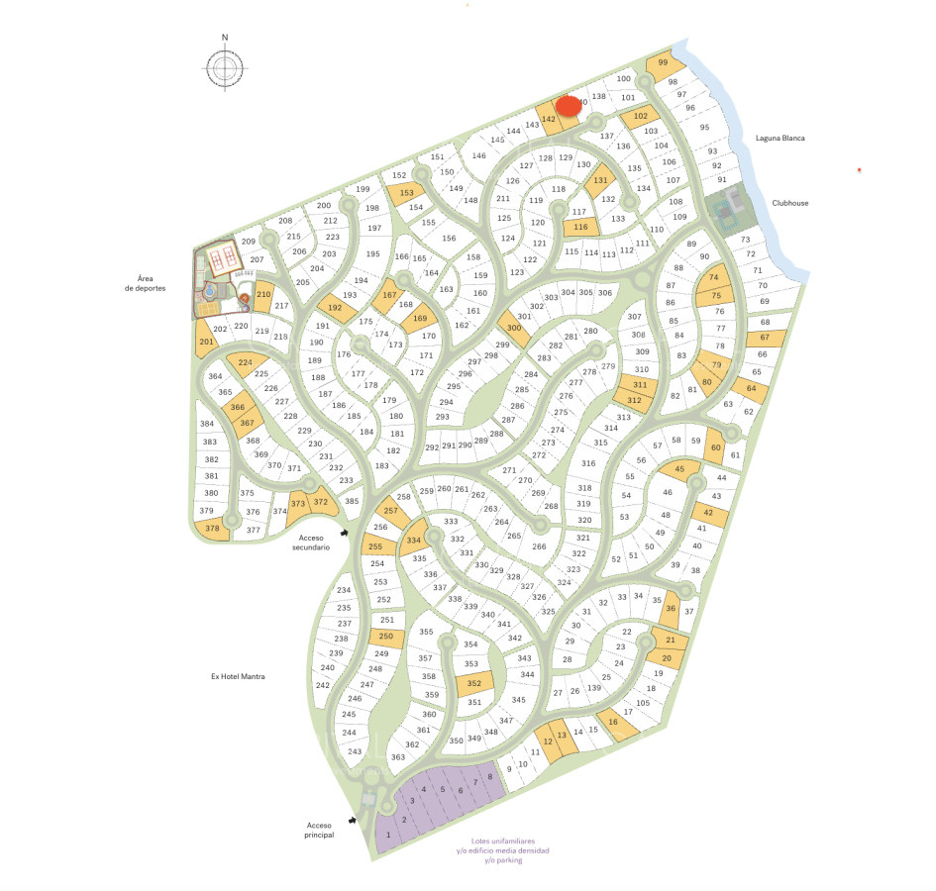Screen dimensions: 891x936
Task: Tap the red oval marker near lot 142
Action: [568, 105]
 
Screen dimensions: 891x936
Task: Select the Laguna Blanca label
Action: [778, 139]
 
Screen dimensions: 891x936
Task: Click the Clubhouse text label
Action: [791, 203]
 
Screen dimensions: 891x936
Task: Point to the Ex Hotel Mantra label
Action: [241, 677]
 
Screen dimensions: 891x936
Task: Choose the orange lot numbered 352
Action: [473, 683]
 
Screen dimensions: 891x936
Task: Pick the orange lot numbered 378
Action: [212, 530]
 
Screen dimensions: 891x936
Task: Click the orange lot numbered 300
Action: [513, 328]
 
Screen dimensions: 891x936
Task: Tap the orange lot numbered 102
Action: [640, 117]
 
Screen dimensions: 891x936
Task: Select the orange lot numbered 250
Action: [386, 638]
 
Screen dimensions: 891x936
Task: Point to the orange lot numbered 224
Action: [245, 362]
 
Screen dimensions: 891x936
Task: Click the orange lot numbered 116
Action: [581, 228]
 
